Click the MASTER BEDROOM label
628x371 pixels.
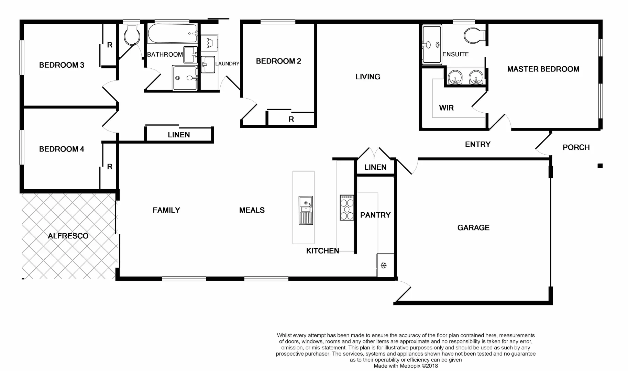[x=543, y=69]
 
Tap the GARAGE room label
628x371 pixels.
[x=473, y=227]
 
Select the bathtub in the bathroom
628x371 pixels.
[x=172, y=33]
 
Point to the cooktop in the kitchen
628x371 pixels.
[x=346, y=207]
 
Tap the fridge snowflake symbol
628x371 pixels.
[x=384, y=265]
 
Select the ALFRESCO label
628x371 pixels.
[x=68, y=236]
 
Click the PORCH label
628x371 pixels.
[x=576, y=147]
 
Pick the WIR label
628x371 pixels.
[x=446, y=108]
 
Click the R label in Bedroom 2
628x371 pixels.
[x=291, y=119]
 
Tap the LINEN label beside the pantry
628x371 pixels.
[x=375, y=167]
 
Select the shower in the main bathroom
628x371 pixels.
[x=185, y=78]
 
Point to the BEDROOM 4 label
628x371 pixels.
[x=62, y=149]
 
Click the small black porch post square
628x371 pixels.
[x=600, y=166]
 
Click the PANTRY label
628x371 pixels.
[x=375, y=215]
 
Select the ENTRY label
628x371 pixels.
[x=477, y=144]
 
